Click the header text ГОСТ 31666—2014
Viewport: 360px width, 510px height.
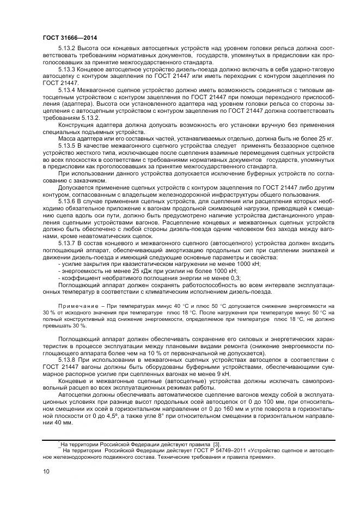click(x=66, y=37)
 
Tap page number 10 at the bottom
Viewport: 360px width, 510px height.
click(x=45, y=471)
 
